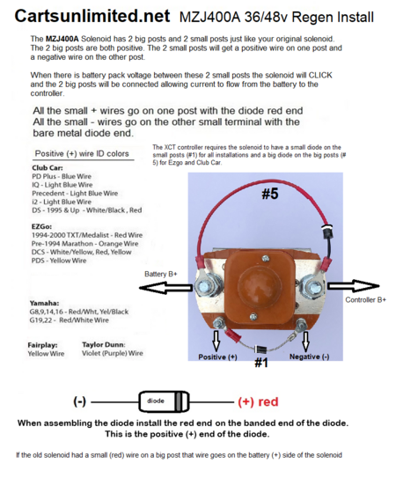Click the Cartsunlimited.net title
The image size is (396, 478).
92,16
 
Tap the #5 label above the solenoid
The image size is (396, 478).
270,194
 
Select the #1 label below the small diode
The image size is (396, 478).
261,363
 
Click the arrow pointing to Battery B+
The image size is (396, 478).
166,288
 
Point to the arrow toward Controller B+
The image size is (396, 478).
354,286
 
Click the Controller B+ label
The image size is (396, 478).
365,300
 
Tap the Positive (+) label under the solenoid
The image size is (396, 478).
217,357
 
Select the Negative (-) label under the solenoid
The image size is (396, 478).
309,357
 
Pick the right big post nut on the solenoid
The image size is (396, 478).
312,287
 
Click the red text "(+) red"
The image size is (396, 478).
258,401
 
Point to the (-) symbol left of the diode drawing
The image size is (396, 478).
79,401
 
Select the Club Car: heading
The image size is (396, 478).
48,168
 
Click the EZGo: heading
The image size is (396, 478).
41,227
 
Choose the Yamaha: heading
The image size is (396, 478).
44,304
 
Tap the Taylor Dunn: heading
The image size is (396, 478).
104,345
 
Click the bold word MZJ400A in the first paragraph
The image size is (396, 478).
62,39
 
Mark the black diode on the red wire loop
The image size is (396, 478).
328,232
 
